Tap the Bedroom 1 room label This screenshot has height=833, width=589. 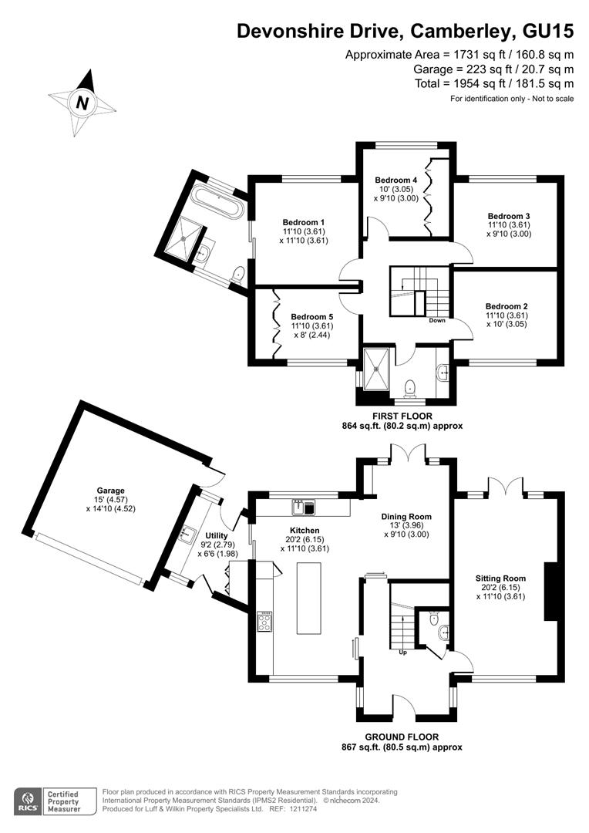click(x=303, y=222)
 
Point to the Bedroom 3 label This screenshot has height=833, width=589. click(x=508, y=216)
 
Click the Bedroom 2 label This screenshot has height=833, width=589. click(x=507, y=306)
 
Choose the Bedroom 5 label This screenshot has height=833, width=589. click(x=312, y=316)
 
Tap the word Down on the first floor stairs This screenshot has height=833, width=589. click(x=437, y=320)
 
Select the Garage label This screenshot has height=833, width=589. click(x=110, y=491)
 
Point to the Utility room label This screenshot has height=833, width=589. click(x=217, y=535)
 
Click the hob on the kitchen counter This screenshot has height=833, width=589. click(x=264, y=622)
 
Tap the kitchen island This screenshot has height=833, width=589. click(x=309, y=598)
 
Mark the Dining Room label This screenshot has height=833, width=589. click(x=406, y=517)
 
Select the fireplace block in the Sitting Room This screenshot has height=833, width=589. click(x=550, y=592)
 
